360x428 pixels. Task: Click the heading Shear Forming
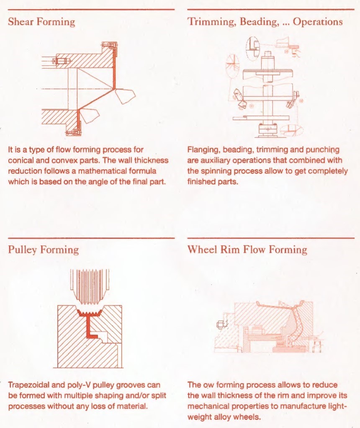[41, 22]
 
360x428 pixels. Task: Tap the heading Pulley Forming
[43, 250]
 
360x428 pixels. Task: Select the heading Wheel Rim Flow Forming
[247, 250]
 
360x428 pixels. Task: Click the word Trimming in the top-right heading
[209, 22]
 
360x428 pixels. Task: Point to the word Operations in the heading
[318, 22]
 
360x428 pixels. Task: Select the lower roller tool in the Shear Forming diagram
[89, 114]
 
